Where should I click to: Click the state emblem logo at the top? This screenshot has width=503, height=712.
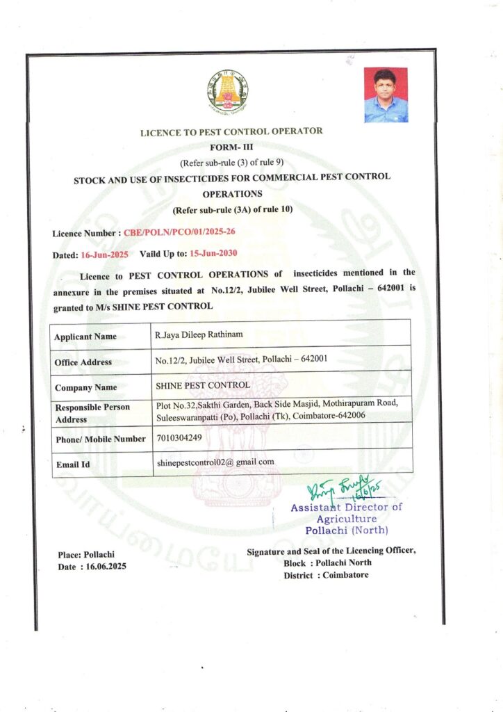[x=227, y=93]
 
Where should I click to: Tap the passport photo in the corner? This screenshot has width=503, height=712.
[x=386, y=95]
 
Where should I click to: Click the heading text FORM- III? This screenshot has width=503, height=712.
[x=231, y=147]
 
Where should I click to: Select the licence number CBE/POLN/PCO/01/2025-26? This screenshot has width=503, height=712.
[x=183, y=232]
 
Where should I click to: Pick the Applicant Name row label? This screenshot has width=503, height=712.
[x=85, y=337]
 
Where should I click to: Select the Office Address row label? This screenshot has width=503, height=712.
[x=83, y=362]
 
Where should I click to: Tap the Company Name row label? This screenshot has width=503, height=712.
[x=86, y=387]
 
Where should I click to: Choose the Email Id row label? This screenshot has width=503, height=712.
[x=72, y=464]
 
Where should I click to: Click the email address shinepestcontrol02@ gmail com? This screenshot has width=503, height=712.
[x=215, y=462]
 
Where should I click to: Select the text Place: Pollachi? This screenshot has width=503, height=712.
[x=87, y=554]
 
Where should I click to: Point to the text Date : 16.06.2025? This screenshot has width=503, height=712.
[x=92, y=567]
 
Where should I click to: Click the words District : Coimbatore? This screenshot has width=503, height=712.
[x=326, y=575]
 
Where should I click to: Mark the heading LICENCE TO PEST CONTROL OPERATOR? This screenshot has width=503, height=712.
[x=231, y=131]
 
